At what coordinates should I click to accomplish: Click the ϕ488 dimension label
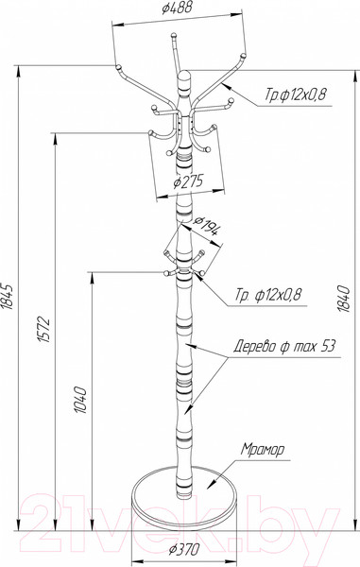(177, 9)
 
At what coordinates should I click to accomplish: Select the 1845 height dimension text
(8, 296)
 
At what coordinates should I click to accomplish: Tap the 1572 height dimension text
(43, 329)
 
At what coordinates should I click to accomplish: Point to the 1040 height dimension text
(80, 400)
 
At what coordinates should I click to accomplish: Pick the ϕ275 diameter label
(189, 181)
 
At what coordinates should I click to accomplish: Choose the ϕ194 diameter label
(206, 226)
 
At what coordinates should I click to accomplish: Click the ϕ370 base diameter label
(183, 549)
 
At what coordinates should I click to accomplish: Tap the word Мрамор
(263, 450)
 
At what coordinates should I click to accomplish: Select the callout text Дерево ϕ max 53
(284, 347)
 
